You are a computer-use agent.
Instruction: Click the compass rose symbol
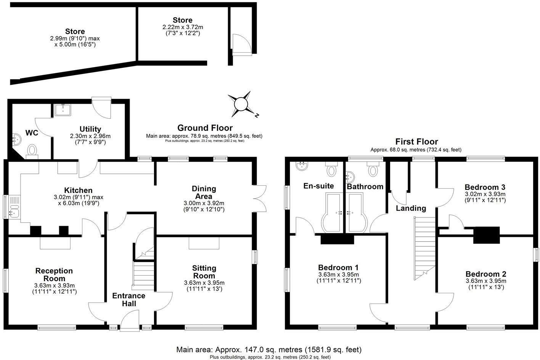coord(241,104)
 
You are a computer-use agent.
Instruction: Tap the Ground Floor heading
coord(205,128)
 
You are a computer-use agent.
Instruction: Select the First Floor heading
coord(416,142)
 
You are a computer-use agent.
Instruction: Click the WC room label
coord(32,133)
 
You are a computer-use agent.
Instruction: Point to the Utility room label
coord(90,129)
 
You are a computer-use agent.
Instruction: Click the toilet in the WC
coord(32,150)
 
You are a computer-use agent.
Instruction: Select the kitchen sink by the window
coord(14,207)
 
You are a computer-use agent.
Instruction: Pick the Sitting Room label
coord(204,272)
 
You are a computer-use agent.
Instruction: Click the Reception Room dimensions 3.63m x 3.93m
coord(54,285)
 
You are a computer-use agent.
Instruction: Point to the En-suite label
coord(318,186)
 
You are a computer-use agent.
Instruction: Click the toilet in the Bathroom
coord(372,169)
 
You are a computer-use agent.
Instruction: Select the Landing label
coord(411,208)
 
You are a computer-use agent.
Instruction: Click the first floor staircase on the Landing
coord(424,248)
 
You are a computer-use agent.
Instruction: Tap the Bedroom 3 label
coord(485,187)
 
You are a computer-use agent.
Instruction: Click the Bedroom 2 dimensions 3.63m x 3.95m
coord(486,281)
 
